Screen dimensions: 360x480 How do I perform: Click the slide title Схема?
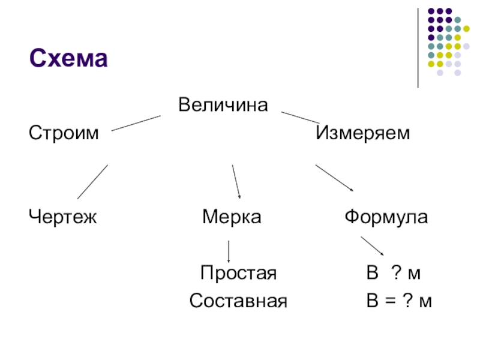pyautogui.click(x=68, y=59)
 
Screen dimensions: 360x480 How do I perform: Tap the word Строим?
pyautogui.click(x=63, y=133)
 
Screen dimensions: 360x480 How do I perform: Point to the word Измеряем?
pyautogui.click(x=363, y=133)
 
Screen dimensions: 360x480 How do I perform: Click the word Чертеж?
pyautogui.click(x=63, y=216)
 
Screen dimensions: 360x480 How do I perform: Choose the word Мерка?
pyautogui.click(x=232, y=216)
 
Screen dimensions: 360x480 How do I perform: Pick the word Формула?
pyautogui.click(x=386, y=216)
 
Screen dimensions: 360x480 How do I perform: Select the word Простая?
pyautogui.click(x=238, y=274)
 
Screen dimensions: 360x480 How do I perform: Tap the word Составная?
pyautogui.click(x=238, y=301)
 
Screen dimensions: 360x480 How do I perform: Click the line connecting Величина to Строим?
pyautogui.click(x=136, y=123)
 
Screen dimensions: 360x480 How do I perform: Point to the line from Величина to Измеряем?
pyautogui.click(x=301, y=118)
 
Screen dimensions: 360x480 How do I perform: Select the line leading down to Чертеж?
pyautogui.click(x=92, y=182)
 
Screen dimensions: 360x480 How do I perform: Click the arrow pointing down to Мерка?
pyautogui.click(x=236, y=181)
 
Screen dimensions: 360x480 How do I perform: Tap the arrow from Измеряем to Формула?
pyautogui.click(x=335, y=178)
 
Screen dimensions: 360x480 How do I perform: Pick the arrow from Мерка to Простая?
pyautogui.click(x=229, y=251)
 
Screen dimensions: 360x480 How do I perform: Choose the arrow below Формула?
pyautogui.click(x=372, y=246)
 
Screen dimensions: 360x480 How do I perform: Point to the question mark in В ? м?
pyautogui.click(x=396, y=274)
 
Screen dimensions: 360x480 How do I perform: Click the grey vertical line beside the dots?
pyautogui.click(x=418, y=48)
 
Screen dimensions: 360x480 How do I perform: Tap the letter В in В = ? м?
pyautogui.click(x=373, y=301)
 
